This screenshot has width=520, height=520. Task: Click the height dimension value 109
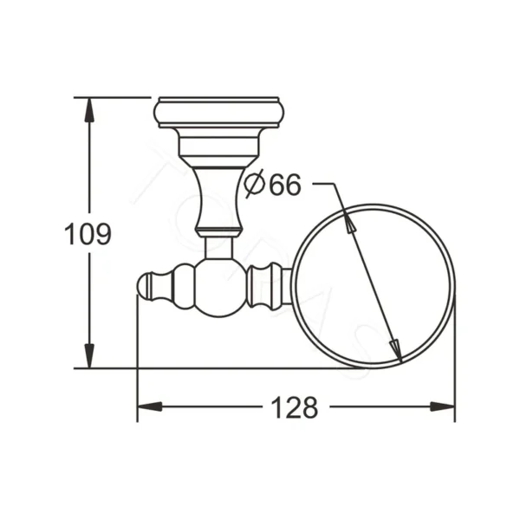click(89, 234)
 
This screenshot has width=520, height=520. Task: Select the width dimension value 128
click(295, 406)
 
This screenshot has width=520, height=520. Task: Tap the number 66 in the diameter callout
click(283, 185)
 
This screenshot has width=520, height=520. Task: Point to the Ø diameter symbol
click(253, 185)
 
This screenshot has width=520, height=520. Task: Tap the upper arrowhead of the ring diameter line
click(348, 223)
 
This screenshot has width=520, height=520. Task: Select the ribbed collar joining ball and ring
click(264, 286)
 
